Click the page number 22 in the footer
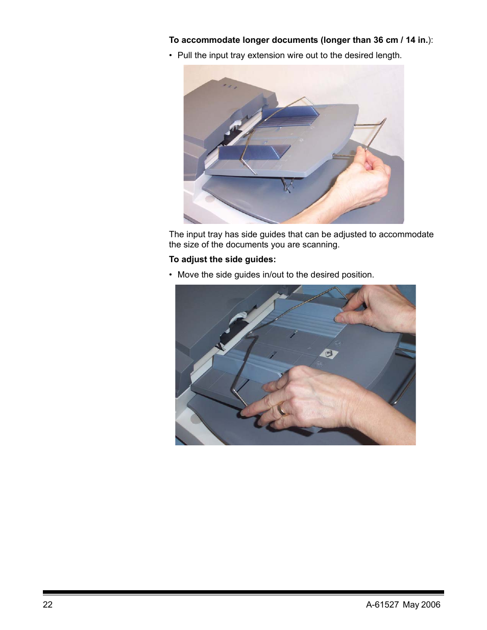click(47, 604)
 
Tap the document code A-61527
click(382, 604)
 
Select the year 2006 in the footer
click(430, 604)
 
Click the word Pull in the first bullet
click(184, 55)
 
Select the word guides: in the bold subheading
click(260, 260)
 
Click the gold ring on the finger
click(282, 408)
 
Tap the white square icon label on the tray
click(329, 354)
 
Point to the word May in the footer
click(411, 605)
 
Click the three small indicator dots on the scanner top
click(229, 86)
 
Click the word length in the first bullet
click(388, 56)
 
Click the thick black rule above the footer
click(243, 592)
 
